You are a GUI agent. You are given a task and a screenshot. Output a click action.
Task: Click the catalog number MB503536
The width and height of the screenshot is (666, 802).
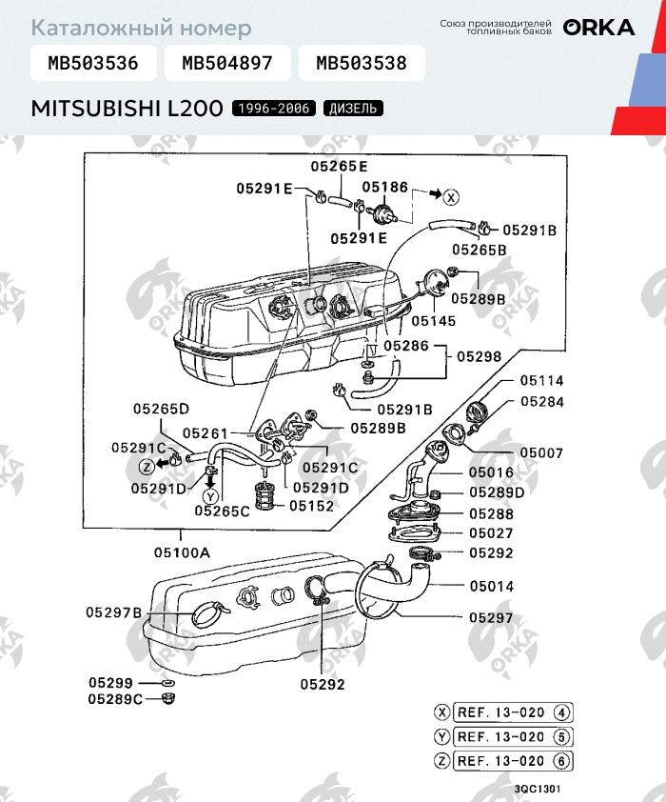pos(93,63)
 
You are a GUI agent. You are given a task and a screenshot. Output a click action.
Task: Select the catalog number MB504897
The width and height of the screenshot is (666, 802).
pos(227,63)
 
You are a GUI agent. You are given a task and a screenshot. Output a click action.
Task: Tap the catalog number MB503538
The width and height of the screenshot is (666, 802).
pos(362,63)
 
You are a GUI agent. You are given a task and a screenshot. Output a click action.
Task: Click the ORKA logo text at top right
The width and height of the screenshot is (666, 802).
pos(599,28)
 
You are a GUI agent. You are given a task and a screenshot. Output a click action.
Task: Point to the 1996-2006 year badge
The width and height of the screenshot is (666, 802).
pos(274,109)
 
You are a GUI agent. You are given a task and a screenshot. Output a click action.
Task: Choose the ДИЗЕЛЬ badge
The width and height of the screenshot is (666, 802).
pos(353,109)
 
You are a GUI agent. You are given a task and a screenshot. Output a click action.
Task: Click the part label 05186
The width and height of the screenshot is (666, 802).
pos(385,188)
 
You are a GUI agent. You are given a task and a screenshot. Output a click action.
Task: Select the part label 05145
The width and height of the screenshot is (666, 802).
pos(434,321)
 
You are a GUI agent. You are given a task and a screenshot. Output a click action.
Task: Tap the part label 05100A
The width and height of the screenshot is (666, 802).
pos(182,552)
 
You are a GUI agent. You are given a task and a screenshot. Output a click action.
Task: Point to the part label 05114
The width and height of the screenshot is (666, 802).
pos(542,381)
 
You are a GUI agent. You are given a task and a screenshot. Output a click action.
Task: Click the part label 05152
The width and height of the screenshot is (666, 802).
pos(311,506)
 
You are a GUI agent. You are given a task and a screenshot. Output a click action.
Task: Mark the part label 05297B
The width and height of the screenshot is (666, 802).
pos(113,612)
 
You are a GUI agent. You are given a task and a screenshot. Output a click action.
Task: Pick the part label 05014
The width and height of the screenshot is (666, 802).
pos(491,586)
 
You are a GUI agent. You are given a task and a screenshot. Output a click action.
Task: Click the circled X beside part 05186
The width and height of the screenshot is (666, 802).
pos(450,197)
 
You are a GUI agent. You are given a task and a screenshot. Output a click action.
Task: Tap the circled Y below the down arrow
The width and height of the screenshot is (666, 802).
pos(210,496)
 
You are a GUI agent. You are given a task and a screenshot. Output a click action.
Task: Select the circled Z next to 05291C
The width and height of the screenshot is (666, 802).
pos(147,467)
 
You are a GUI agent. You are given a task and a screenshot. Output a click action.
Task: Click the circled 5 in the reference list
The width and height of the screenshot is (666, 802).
pos(561,737)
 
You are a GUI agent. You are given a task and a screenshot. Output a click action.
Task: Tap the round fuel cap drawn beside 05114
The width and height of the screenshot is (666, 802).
pos(478,411)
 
